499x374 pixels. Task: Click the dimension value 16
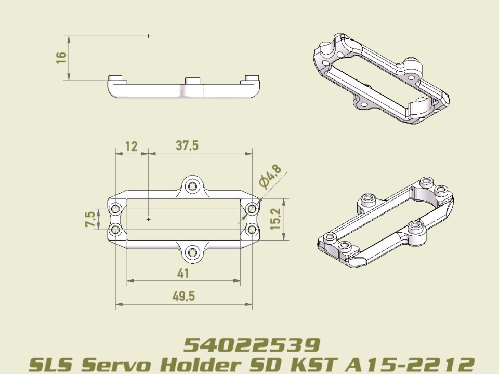62,57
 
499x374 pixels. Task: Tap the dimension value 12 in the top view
132,146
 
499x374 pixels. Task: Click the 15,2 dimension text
275,219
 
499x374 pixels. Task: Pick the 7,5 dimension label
90,219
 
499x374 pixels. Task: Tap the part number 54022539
252,344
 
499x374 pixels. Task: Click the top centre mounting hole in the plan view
193,186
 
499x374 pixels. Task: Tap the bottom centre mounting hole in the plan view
193,252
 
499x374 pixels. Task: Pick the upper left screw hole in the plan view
115,209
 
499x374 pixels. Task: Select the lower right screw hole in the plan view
252,229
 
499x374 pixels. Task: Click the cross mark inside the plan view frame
149,220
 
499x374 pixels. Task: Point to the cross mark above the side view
149,36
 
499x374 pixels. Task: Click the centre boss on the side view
193,81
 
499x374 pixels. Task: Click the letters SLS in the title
49,364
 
